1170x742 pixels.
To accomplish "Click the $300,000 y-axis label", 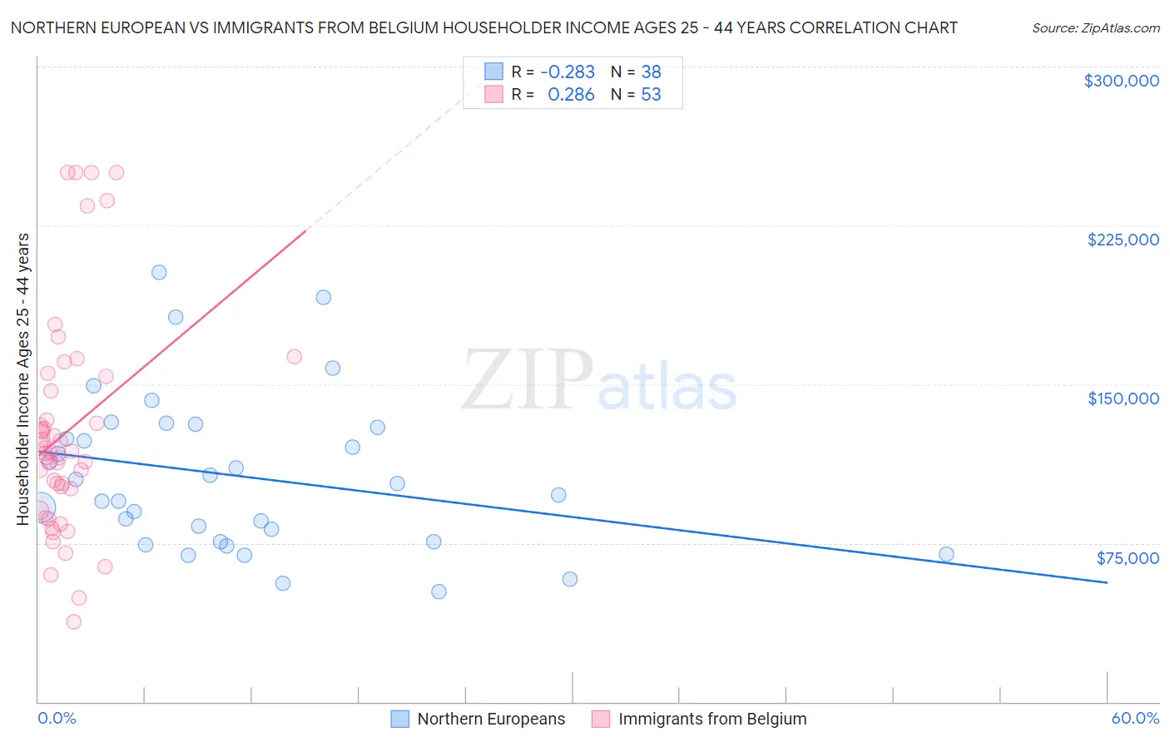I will pyautogui.click(x=1121, y=81).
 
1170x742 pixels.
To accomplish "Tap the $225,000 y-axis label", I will pyautogui.click(x=1123, y=240).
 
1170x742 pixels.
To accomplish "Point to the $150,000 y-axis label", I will pyautogui.click(x=1123, y=398).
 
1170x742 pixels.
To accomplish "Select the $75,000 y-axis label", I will pyautogui.click(x=1127, y=558).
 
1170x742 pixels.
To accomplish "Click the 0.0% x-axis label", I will pyautogui.click(x=57, y=718).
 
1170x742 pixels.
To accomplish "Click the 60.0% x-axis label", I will pyautogui.click(x=1134, y=718).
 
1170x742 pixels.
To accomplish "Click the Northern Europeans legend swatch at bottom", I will pyautogui.click(x=400, y=719).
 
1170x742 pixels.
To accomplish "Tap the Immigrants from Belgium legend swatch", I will pyautogui.click(x=601, y=719).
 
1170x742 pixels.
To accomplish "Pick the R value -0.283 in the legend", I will pyautogui.click(x=568, y=72).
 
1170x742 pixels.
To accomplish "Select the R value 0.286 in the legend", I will pyautogui.click(x=571, y=95).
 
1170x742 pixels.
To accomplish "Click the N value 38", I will pyautogui.click(x=651, y=72).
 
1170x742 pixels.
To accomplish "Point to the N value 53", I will pyautogui.click(x=651, y=95).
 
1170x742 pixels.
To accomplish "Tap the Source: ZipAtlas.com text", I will pyautogui.click(x=1095, y=28).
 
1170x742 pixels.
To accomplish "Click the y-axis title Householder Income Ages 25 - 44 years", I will pyautogui.click(x=22, y=379).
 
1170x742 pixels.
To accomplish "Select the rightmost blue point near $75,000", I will pyautogui.click(x=946, y=554).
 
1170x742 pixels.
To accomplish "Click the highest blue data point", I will pyautogui.click(x=159, y=272).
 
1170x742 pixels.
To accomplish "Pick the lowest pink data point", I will pyautogui.click(x=73, y=621).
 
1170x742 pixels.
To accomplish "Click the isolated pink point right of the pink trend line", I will pyautogui.click(x=294, y=357).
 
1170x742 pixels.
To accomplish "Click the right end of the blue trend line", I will pyautogui.click(x=1107, y=582).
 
